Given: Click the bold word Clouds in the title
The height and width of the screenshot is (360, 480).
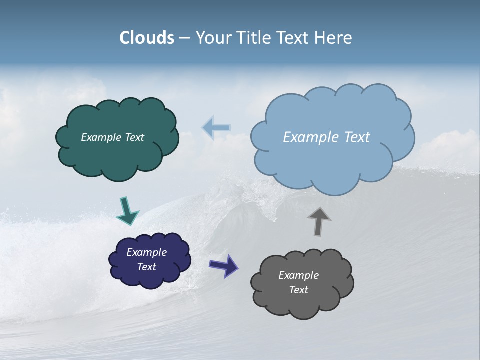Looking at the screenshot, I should [147, 38].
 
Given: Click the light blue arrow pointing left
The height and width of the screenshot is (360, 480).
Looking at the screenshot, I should [216, 128].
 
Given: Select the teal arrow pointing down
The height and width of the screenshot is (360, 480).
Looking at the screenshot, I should [127, 210].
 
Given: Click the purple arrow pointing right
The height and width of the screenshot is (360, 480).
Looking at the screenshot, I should [223, 265].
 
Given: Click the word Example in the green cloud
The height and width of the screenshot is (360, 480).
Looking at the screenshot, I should [100, 137].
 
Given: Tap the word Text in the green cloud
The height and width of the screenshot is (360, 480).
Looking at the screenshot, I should [133, 137].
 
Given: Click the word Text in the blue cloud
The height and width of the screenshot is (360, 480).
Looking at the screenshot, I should [357, 137].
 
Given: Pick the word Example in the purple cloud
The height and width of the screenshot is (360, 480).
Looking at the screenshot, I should [146, 252].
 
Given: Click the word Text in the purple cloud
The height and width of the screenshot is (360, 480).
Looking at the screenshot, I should [146, 267].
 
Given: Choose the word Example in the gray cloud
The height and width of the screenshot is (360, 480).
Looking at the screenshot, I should [298, 275].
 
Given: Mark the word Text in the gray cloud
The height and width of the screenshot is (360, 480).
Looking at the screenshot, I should [298, 290].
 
